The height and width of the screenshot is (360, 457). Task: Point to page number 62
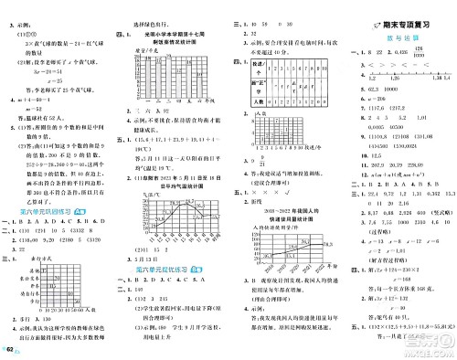10,351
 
